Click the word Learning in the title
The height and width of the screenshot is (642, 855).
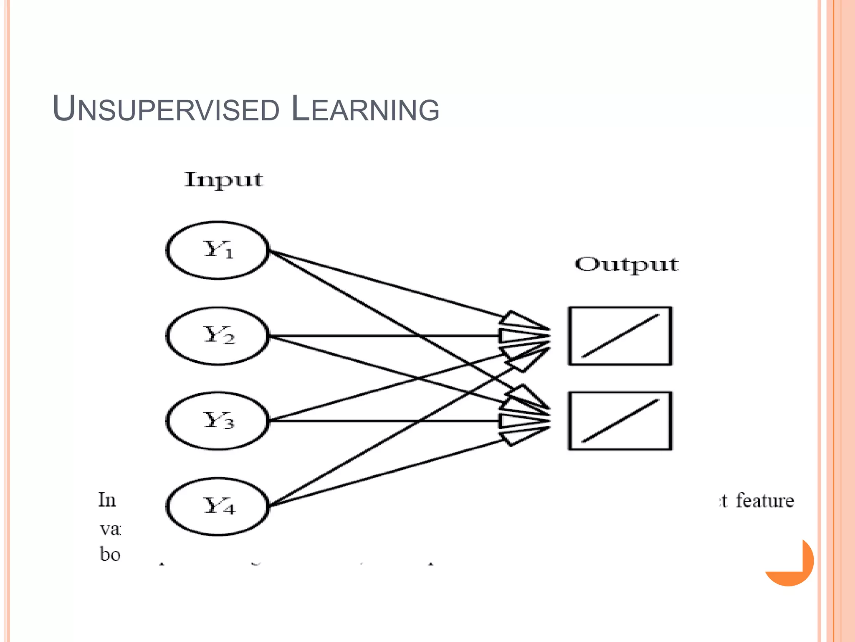tap(365, 110)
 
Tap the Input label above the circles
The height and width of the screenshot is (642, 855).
tap(224, 180)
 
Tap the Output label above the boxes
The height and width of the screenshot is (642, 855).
tap(626, 265)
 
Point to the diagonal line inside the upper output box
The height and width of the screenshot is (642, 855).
tap(620, 336)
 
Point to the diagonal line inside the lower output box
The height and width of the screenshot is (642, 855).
tap(620, 421)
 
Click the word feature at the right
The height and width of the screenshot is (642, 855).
tap(764, 500)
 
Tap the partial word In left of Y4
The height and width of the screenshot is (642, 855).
tap(107, 500)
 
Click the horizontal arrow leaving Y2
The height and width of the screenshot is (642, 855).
tap(376, 336)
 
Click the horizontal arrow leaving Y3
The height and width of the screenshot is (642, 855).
tap(376, 420)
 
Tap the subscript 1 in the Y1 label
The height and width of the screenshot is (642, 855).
tap(229, 254)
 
